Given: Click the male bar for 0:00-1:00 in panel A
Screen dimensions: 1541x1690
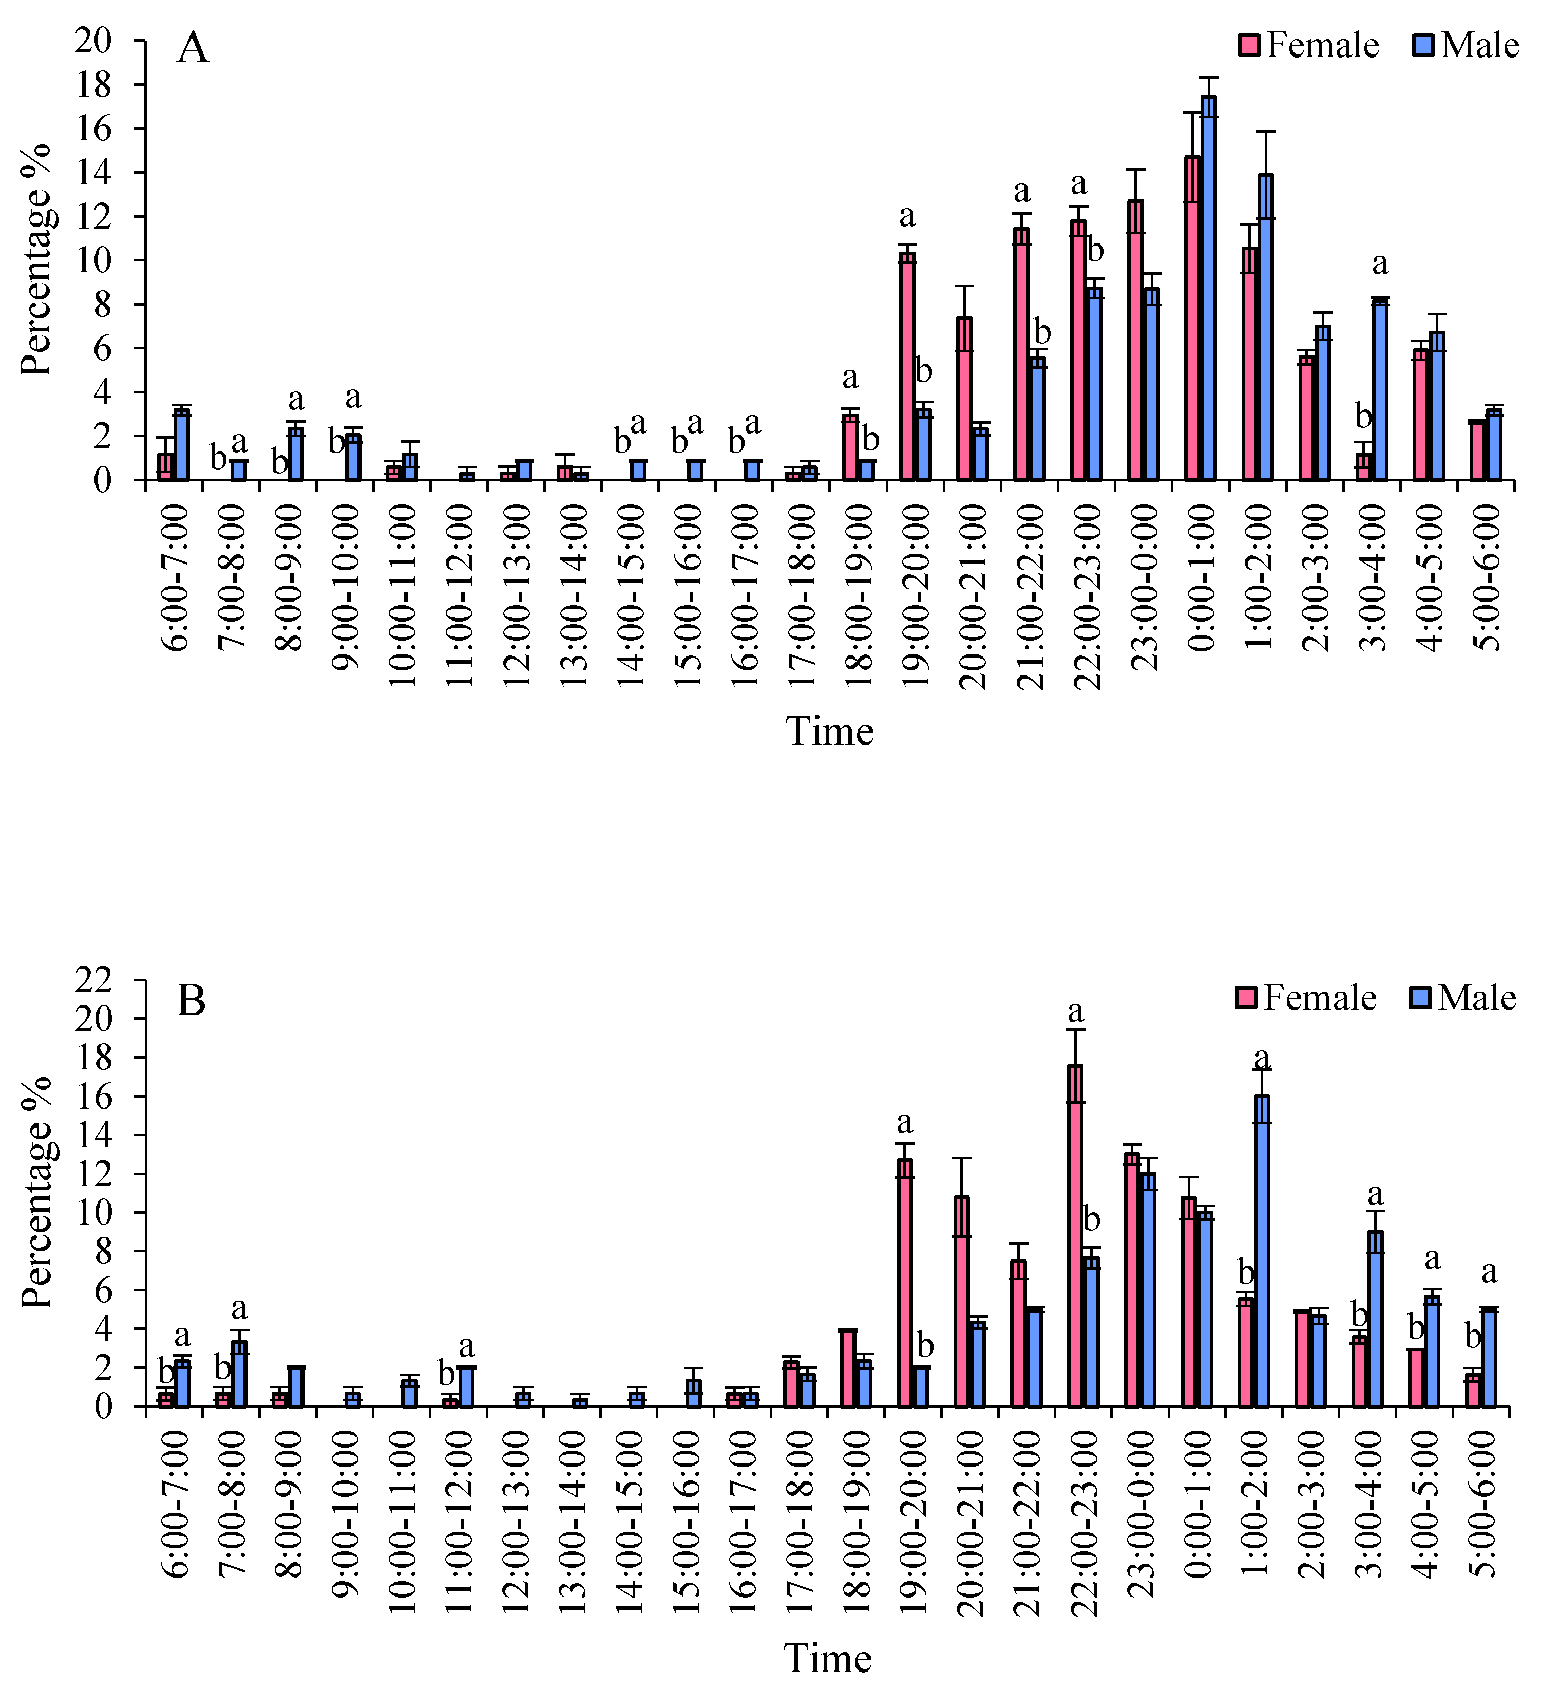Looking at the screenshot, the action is point(1208,288).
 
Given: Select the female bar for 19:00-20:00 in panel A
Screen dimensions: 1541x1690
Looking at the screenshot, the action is point(907,366).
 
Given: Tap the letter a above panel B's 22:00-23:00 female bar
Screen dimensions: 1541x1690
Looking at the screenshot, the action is point(1076,1011).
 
